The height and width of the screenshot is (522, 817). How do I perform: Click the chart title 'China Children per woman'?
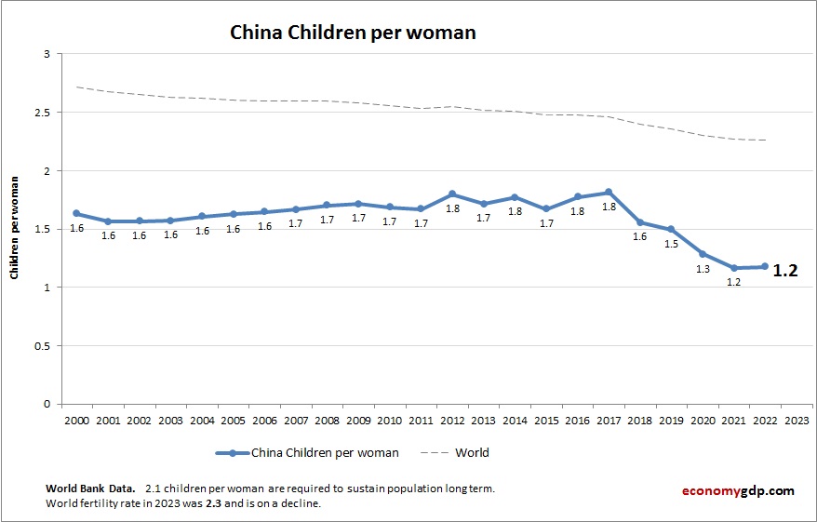pyautogui.click(x=353, y=33)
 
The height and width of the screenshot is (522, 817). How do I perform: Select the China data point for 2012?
pyautogui.click(x=452, y=194)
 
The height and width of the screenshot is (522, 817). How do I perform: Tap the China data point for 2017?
pyautogui.click(x=609, y=193)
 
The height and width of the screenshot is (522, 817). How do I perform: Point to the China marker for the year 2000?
pyautogui.click(x=76, y=214)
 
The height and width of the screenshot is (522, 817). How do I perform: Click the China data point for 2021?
pyautogui.click(x=734, y=268)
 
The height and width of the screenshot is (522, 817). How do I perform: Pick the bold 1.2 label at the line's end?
pyautogui.click(x=785, y=272)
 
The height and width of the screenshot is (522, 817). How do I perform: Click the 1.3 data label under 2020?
pyautogui.click(x=703, y=269)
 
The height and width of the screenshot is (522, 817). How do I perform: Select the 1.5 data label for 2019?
pyautogui.click(x=671, y=244)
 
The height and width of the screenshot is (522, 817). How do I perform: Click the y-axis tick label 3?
pyautogui.click(x=46, y=55)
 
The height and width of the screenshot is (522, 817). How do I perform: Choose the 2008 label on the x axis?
pyautogui.click(x=328, y=420)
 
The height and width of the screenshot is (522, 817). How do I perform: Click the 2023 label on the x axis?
pyautogui.click(x=797, y=420)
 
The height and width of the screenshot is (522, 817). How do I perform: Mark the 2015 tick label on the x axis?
pyautogui.click(x=546, y=420)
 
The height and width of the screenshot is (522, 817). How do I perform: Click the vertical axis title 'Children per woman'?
pyautogui.click(x=15, y=229)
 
